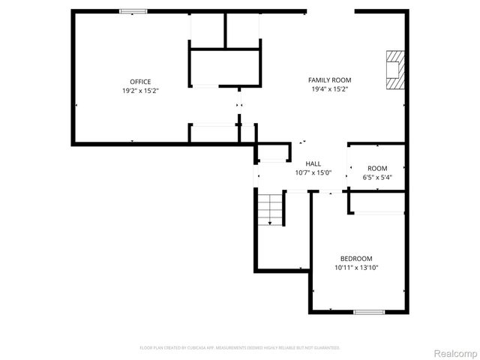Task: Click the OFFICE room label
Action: click(x=140, y=82)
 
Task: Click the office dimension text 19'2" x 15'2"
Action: click(x=140, y=90)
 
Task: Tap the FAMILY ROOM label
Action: click(x=329, y=80)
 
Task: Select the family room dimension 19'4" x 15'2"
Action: click(x=329, y=88)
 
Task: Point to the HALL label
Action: click(x=313, y=163)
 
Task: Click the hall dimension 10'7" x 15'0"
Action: click(x=313, y=172)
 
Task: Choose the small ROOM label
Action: click(x=377, y=168)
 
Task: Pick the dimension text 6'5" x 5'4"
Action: click(x=377, y=177)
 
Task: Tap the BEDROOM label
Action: click(x=356, y=259)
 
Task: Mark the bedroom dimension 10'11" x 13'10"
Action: click(x=356, y=267)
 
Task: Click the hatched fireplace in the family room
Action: click(x=394, y=70)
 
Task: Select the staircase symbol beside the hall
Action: click(x=271, y=208)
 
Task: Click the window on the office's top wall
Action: click(x=133, y=11)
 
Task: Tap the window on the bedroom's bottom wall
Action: click(x=369, y=312)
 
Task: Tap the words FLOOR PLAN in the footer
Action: click(x=150, y=348)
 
